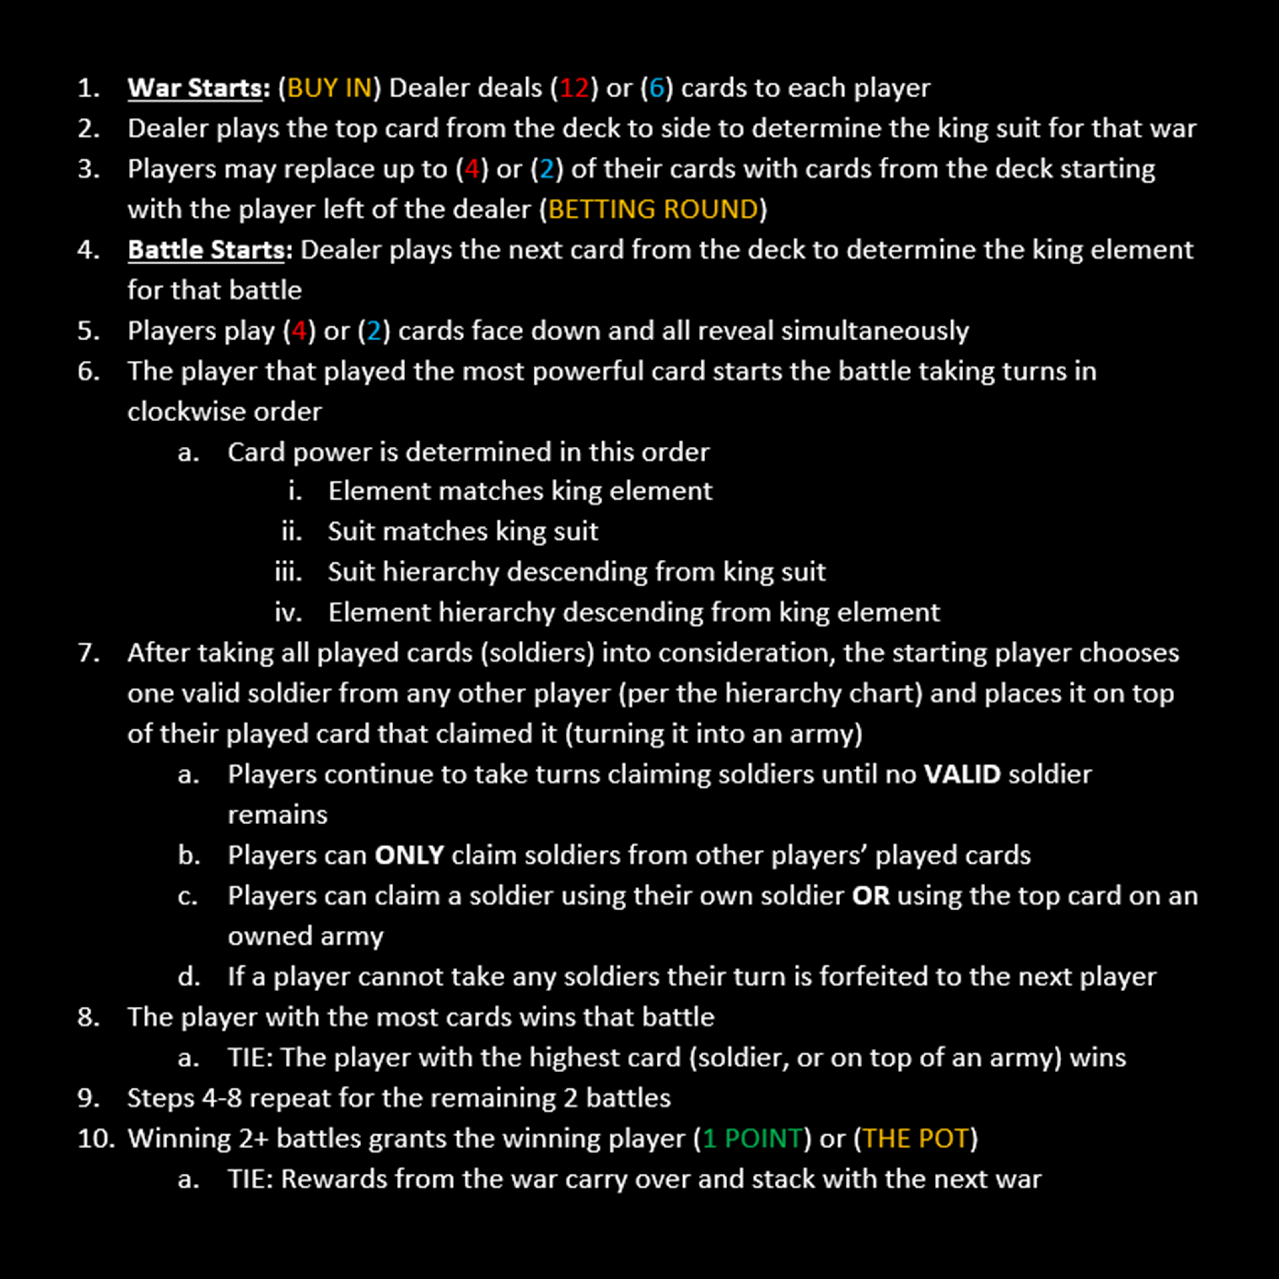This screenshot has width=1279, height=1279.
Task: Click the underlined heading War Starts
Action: point(195,88)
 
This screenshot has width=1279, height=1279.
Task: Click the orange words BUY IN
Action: point(329,88)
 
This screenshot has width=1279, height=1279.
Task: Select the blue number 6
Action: point(657,88)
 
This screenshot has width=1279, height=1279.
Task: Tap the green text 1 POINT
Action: point(753,1139)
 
